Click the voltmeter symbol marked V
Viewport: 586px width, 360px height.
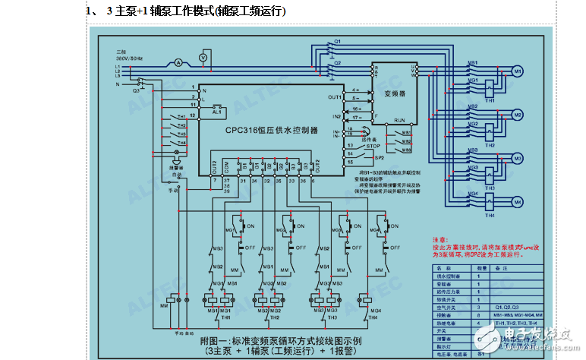(203, 58)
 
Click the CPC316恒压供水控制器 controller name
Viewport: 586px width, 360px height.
(271, 130)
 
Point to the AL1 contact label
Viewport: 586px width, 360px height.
(216, 112)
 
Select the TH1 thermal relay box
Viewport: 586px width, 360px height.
(490, 86)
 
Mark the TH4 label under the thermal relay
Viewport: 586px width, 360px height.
(490, 216)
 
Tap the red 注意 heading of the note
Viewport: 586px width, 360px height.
(441, 238)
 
